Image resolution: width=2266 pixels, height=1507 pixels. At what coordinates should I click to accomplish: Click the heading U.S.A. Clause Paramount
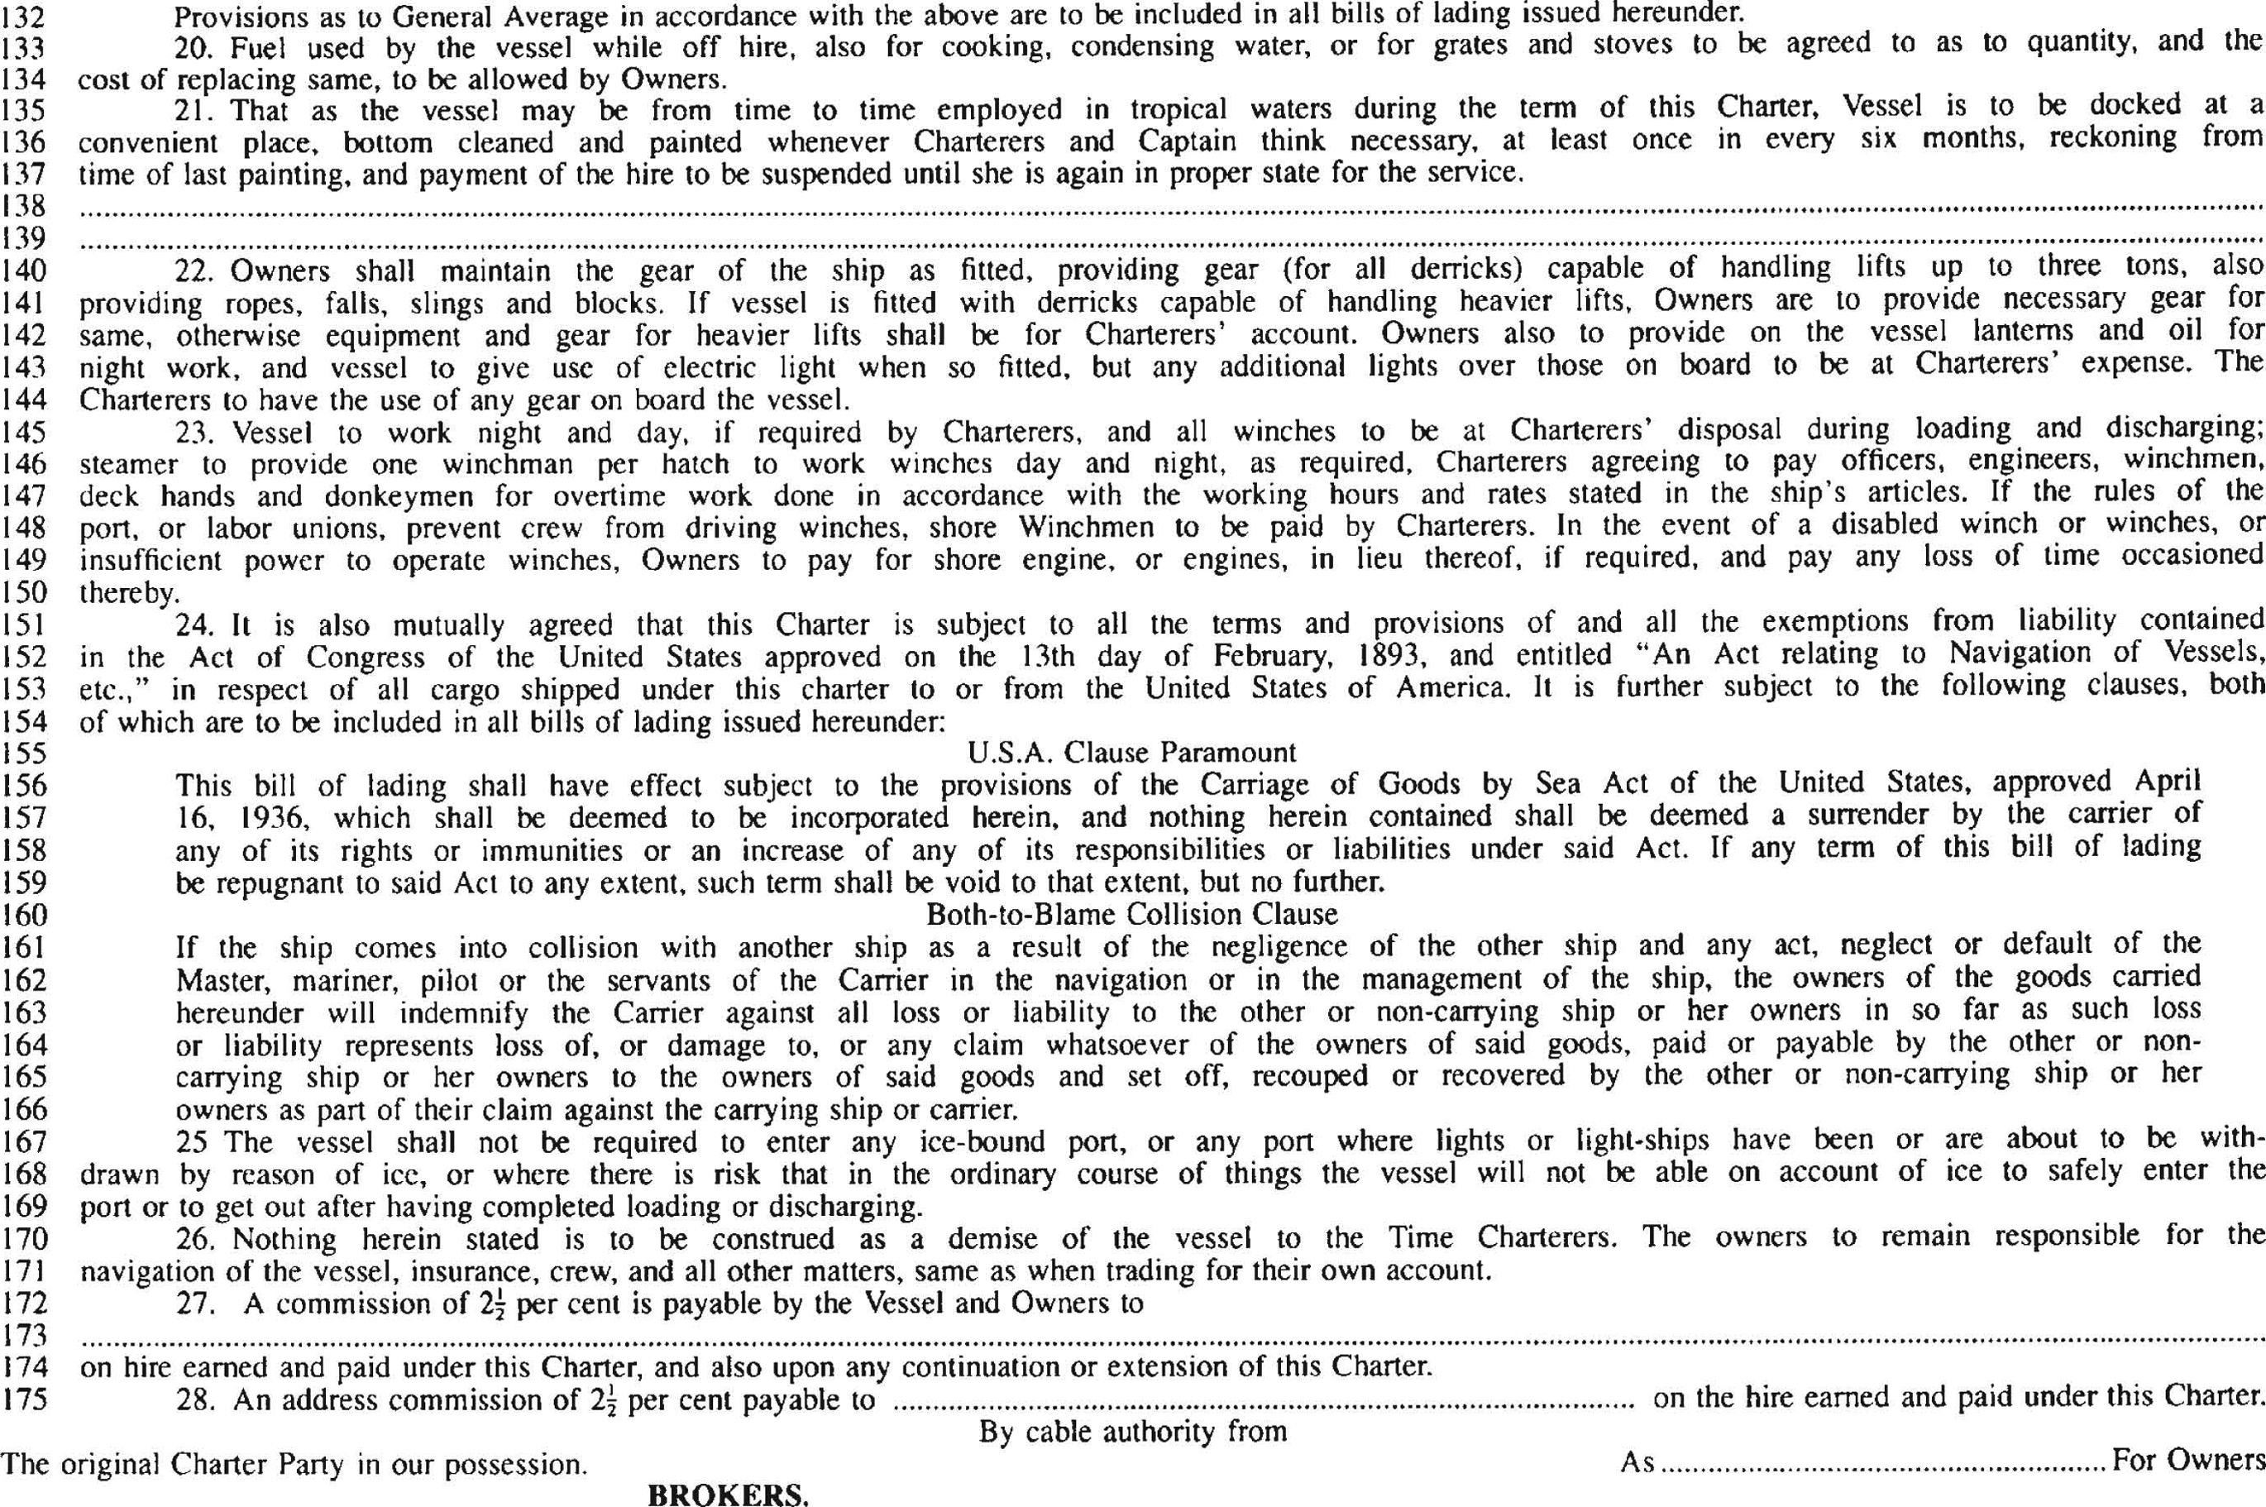(1132, 752)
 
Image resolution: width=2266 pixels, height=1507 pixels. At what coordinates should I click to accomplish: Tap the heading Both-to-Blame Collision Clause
(1131, 913)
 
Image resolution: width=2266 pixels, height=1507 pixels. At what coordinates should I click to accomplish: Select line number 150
(24, 592)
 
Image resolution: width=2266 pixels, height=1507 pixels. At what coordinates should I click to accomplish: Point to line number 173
(24, 1335)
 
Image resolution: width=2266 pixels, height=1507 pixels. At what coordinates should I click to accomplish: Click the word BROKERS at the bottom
(728, 1495)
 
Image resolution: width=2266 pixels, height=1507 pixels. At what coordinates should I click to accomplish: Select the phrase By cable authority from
(1132, 1432)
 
